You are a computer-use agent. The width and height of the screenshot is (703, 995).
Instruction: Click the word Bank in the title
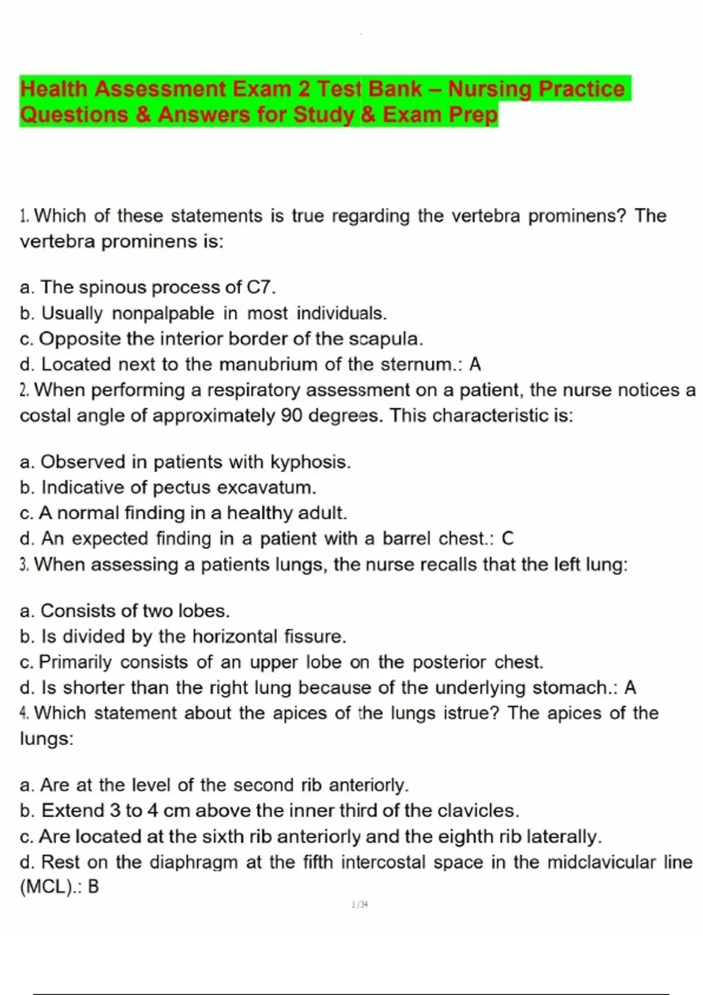pos(395,89)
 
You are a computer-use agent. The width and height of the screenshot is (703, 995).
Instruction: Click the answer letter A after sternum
pos(475,364)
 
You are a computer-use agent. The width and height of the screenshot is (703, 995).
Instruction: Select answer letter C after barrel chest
pos(507,538)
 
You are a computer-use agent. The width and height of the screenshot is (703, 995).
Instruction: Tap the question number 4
pos(24,713)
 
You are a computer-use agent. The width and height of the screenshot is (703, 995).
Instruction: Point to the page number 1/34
pos(360,905)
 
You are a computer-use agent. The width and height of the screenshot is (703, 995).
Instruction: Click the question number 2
pos(24,390)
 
